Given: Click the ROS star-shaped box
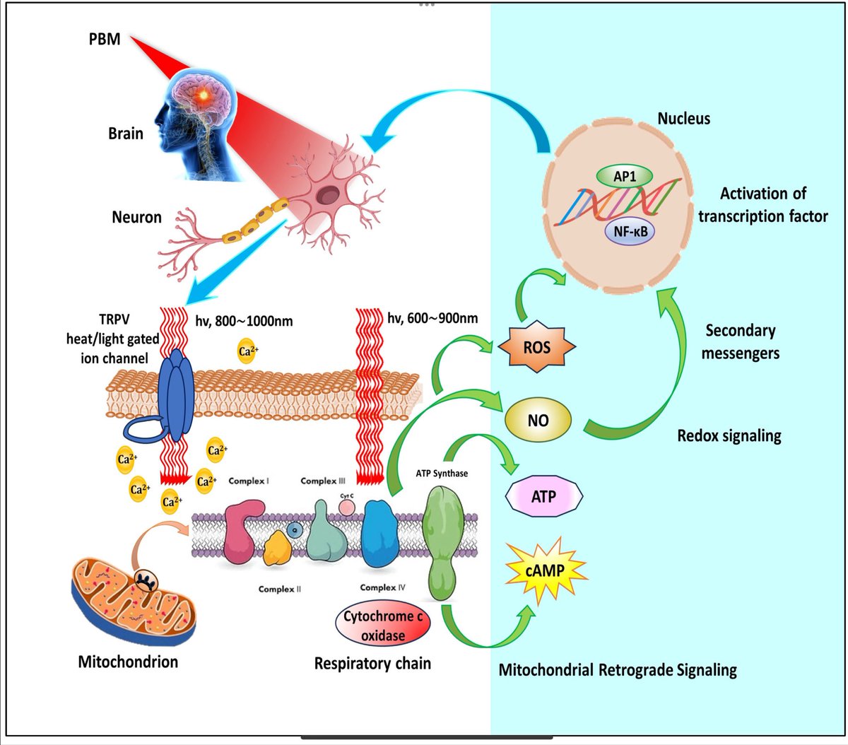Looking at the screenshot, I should tap(537, 348).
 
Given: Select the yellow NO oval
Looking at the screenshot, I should tap(538, 421).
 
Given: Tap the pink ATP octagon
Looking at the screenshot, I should tap(543, 496).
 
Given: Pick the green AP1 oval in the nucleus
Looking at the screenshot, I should tap(625, 177).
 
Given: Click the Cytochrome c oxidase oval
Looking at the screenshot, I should tap(382, 626).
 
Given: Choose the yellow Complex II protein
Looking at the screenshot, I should tap(278, 549).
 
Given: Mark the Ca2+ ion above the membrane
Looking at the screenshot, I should tap(247, 351).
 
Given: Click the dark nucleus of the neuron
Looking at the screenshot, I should tap(329, 194).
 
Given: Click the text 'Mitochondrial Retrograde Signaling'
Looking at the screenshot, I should tap(618, 669).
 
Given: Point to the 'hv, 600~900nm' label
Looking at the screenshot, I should tap(433, 319).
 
